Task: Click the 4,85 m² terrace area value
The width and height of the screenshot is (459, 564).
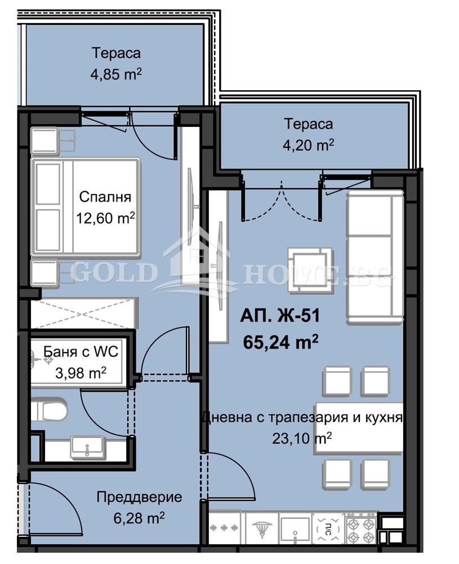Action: click(x=116, y=74)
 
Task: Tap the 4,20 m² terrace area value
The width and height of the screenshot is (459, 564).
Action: click(x=308, y=144)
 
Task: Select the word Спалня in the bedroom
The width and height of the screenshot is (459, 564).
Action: click(x=105, y=197)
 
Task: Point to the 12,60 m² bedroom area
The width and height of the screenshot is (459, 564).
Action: click(x=106, y=218)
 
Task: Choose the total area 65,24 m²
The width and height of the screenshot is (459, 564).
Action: click(x=280, y=342)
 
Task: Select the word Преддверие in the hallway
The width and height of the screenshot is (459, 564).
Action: click(x=139, y=497)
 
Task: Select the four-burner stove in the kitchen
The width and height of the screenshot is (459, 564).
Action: click(x=360, y=528)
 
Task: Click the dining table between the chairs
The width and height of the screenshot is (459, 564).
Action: click(x=359, y=427)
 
